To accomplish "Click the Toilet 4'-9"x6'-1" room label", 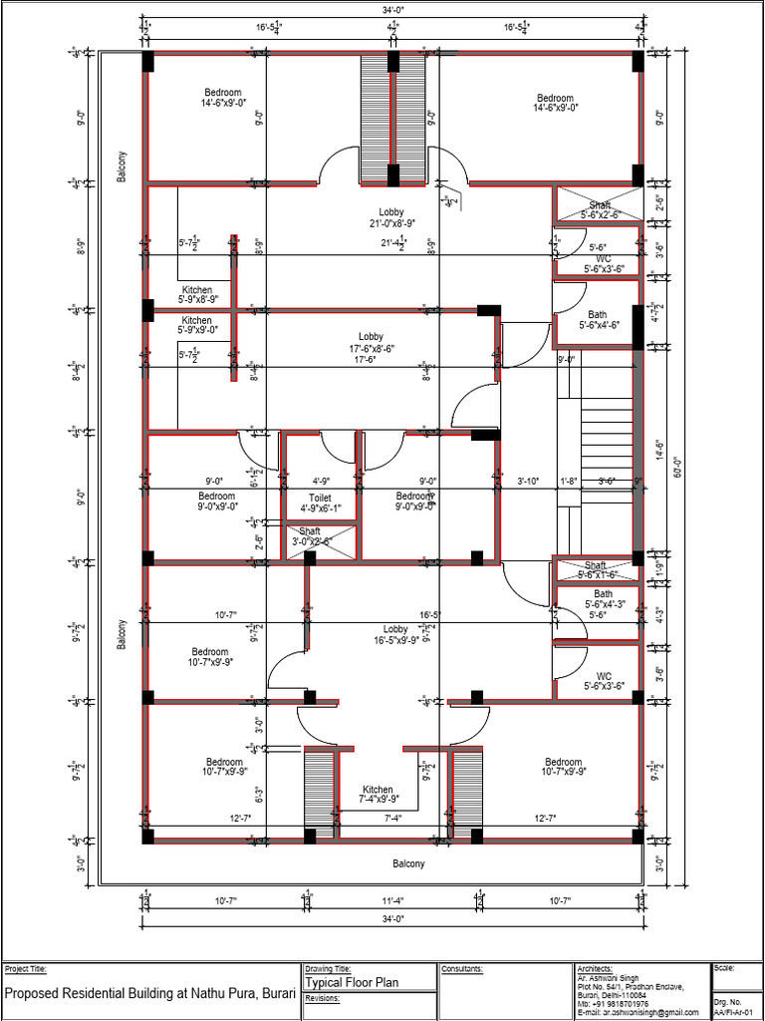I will [320, 503].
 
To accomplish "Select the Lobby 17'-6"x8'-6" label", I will [371, 343].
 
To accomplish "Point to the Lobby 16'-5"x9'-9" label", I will [395, 635].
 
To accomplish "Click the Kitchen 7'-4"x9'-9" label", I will [378, 795].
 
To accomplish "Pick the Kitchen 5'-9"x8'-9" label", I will [196, 294].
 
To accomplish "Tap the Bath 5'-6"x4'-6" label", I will [598, 319].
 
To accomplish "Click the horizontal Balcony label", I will [407, 863].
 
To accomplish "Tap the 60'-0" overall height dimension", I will [676, 465].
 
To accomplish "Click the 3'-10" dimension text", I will [528, 481].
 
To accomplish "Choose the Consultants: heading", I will [462, 968].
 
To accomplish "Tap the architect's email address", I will [643, 1013].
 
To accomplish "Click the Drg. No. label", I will [727, 1001].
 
